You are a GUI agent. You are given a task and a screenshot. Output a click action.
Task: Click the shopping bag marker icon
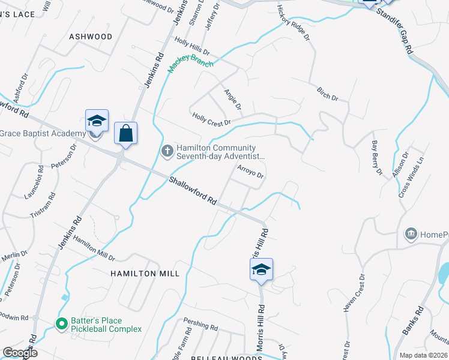[125, 133]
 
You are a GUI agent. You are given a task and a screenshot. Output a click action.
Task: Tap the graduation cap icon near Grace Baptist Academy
[97, 121]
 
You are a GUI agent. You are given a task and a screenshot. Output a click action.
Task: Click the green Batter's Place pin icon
[61, 324]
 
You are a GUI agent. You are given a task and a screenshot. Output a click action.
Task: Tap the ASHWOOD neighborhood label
[91, 37]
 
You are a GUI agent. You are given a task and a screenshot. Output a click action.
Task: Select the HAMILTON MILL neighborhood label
[145, 274]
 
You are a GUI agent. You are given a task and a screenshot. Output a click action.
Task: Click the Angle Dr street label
[232, 100]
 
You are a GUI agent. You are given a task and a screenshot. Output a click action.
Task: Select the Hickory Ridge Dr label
[294, 23]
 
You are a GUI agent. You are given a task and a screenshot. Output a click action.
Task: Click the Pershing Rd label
[200, 326]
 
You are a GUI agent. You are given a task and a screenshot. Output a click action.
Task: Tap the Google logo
[20, 353]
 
